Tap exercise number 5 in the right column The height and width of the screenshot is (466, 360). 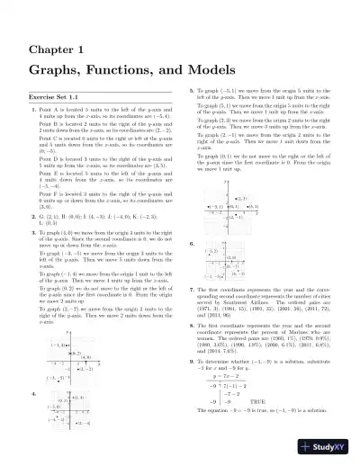[x=190, y=92]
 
